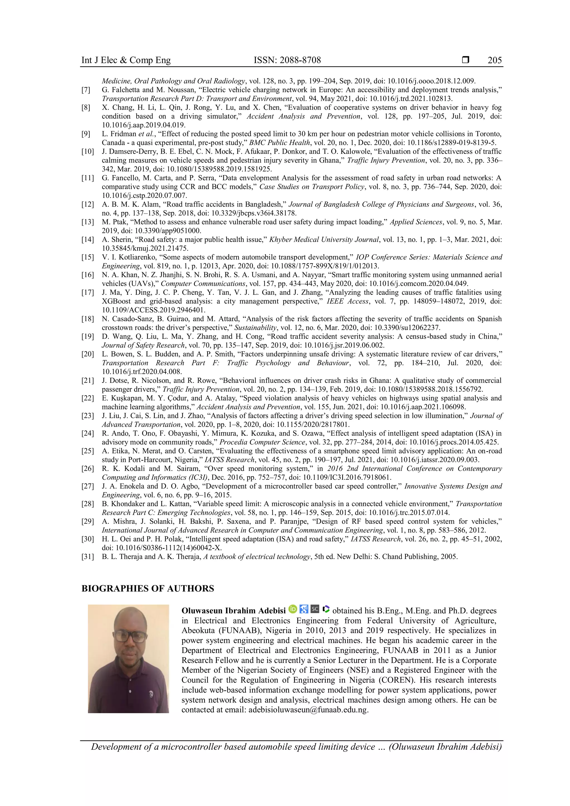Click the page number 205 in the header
pos(495,60)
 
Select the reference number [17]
pos(88,293)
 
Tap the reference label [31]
pos(88,556)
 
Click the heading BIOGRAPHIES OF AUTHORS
pos(148,589)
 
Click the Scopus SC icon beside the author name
pos(315,609)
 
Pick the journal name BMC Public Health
pos(280,142)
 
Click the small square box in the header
pos(465,60)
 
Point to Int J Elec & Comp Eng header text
pos(126,60)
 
